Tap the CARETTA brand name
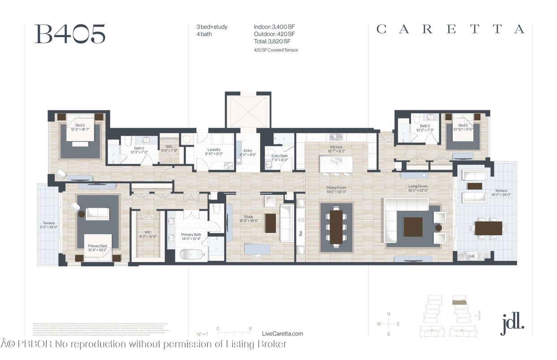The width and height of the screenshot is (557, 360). pyautogui.click(x=450, y=30)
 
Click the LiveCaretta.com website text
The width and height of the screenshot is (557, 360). pyautogui.click(x=282, y=334)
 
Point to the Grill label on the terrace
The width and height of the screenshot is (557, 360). pyautogui.click(x=471, y=256)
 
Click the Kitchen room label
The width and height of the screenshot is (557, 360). pyautogui.click(x=336, y=147)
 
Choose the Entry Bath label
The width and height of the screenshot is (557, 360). pyautogui.click(x=280, y=155)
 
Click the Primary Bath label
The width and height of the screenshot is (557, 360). pyautogui.click(x=191, y=235)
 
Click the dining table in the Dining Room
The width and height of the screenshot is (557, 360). pyautogui.click(x=336, y=227)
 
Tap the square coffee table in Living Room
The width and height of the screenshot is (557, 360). pyautogui.click(x=413, y=227)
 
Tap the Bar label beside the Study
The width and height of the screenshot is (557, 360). pyautogui.click(x=301, y=233)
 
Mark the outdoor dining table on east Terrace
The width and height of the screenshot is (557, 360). pyautogui.click(x=488, y=228)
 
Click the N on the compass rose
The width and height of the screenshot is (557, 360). pyautogui.click(x=389, y=314)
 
